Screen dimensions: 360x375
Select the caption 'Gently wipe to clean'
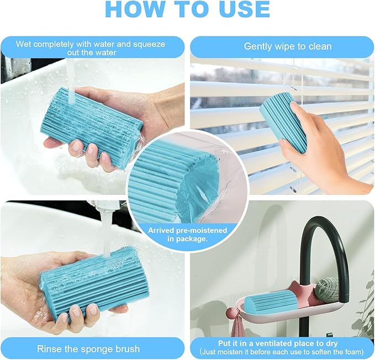[x=288, y=46]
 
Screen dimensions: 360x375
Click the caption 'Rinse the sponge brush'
[x=88, y=348]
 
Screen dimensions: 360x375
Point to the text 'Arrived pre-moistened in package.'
[x=177, y=235]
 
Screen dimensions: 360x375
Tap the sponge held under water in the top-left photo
[x=94, y=124]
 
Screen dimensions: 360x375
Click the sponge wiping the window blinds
[x=284, y=120]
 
